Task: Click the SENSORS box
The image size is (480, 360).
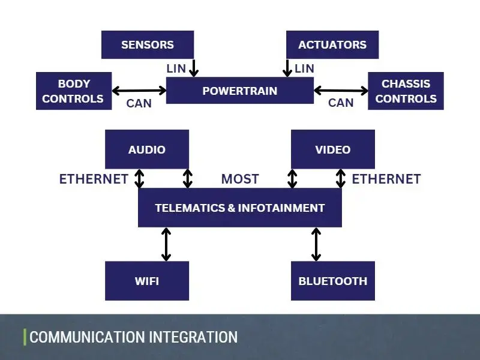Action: click(147, 45)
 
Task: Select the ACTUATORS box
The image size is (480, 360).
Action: click(332, 45)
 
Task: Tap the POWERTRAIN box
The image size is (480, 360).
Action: click(239, 91)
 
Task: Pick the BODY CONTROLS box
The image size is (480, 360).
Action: click(74, 91)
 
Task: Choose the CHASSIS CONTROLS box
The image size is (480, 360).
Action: click(406, 91)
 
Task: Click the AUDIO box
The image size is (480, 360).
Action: click(146, 149)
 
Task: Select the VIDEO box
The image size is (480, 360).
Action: click(332, 149)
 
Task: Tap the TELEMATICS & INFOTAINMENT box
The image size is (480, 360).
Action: click(239, 208)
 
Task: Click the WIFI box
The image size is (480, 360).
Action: click(146, 281)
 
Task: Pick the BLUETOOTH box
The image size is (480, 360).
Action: click(332, 281)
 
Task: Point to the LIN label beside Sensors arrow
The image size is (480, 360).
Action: click(176, 69)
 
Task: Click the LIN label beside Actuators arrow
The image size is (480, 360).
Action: click(304, 69)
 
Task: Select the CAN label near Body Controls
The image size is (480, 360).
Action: click(139, 103)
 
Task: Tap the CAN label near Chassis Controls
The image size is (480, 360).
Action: click(341, 103)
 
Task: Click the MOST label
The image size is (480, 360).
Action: click(240, 179)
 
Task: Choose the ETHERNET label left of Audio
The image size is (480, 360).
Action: click(94, 179)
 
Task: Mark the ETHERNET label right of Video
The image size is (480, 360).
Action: click(386, 179)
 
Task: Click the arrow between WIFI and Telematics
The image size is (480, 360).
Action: click(166, 244)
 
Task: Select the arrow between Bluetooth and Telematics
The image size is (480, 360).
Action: click(316, 244)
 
